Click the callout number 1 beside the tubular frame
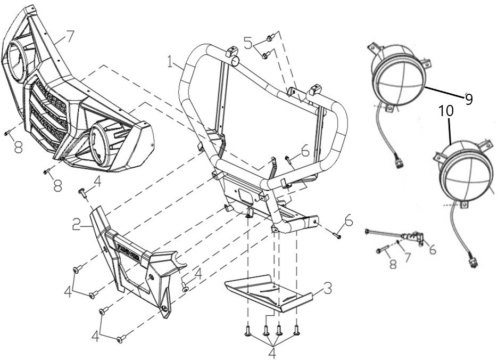(171, 62)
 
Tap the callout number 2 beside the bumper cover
(76, 225)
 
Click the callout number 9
(468, 99)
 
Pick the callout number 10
(446, 111)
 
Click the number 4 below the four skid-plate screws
(272, 353)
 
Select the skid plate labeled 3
(269, 293)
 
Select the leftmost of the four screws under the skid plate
(247, 331)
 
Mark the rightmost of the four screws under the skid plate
(297, 330)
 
